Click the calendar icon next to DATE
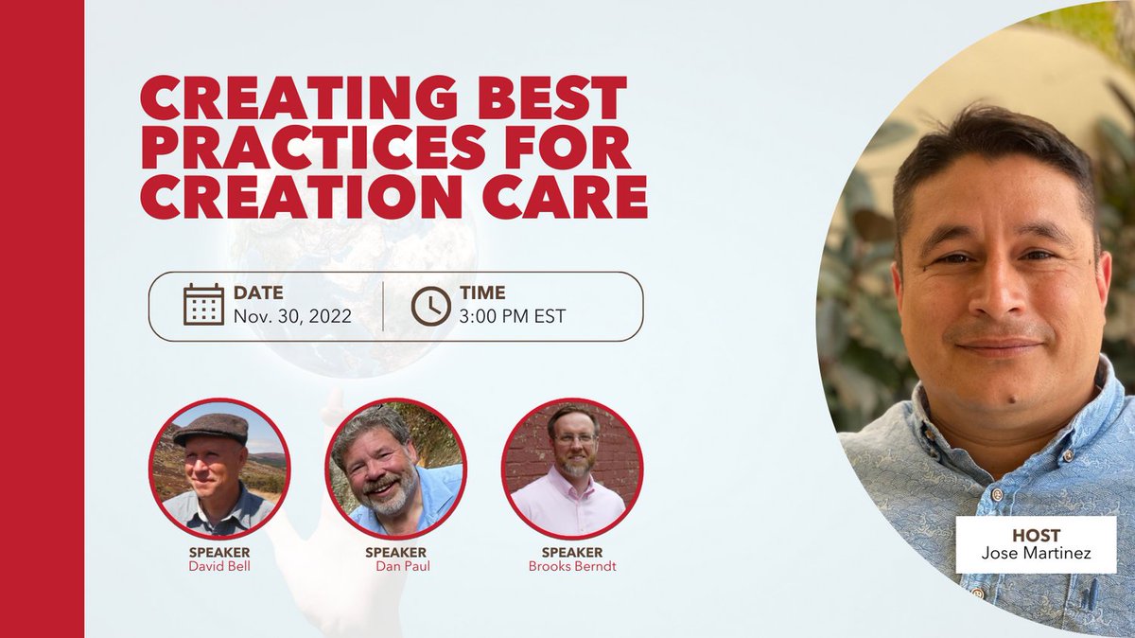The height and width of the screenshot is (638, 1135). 203,305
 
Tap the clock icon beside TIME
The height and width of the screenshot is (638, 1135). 430,305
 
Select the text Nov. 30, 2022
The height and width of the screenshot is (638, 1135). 292,316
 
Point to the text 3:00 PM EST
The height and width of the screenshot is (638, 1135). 513,316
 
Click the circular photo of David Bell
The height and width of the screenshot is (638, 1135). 219,469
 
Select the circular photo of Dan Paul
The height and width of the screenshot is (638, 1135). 396,469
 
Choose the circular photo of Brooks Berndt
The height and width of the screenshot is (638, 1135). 572,469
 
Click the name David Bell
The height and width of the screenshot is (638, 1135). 219,566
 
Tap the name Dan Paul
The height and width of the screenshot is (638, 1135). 395,566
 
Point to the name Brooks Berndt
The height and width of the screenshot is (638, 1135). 572,566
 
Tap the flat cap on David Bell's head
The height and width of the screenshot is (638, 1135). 211,427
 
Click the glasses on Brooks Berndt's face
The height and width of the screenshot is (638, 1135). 574,438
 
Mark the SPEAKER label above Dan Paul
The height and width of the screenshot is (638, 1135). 395,552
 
